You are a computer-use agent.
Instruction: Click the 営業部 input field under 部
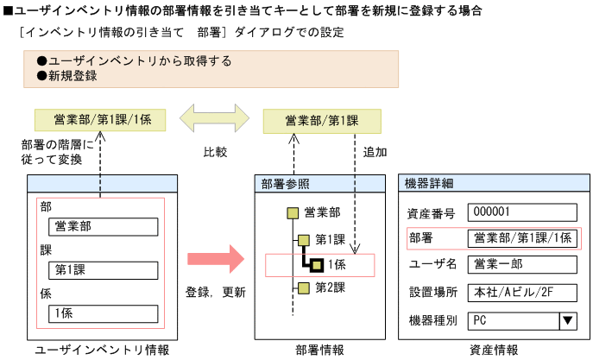click(x=104, y=227)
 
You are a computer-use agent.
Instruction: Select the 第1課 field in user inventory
click(x=104, y=270)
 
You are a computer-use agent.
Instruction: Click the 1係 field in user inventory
click(x=104, y=313)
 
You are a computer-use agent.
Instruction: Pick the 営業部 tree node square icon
click(x=293, y=212)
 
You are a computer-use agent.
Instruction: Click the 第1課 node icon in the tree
click(x=303, y=239)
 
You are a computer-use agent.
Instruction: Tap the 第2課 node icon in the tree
click(x=303, y=287)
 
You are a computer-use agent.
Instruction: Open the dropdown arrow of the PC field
click(x=567, y=320)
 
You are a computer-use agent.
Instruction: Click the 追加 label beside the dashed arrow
click(x=375, y=151)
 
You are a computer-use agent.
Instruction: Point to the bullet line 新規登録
click(x=73, y=76)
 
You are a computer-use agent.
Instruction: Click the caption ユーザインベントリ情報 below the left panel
click(x=102, y=350)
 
